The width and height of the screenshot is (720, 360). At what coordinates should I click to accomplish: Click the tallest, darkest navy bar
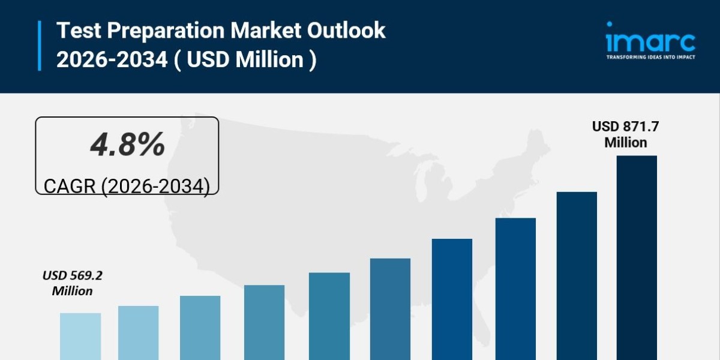(x=637, y=258)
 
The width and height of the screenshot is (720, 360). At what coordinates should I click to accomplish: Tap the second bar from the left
(x=139, y=333)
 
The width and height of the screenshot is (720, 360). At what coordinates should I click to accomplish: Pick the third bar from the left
(x=200, y=328)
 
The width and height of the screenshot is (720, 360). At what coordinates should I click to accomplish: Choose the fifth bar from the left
(x=329, y=316)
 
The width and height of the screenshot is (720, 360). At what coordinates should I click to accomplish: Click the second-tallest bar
(x=577, y=276)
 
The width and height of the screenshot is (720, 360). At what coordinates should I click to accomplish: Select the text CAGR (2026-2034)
(x=127, y=186)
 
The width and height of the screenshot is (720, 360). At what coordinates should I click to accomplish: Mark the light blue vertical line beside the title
(x=40, y=46)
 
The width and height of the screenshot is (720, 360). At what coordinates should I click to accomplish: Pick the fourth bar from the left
(x=264, y=322)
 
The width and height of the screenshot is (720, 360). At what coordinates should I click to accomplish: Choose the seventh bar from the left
(x=452, y=299)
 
